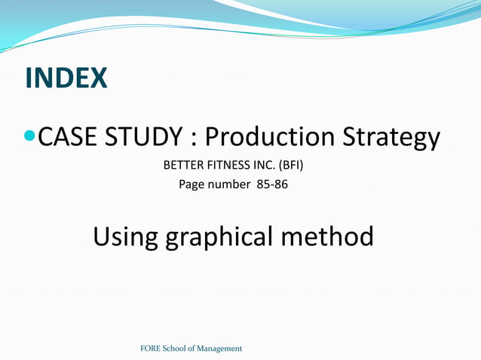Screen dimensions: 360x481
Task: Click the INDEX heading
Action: point(66,78)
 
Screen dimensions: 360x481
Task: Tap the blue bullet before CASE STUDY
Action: point(29,137)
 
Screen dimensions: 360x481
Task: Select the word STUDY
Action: point(142,137)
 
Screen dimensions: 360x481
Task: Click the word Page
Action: point(191,185)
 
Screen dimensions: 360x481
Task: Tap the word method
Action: point(327,236)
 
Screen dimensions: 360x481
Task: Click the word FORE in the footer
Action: point(151,349)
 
